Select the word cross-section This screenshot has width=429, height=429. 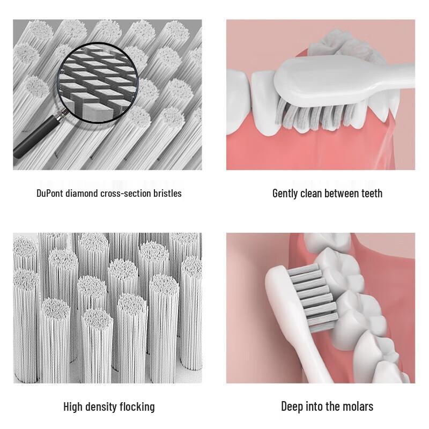point(126,193)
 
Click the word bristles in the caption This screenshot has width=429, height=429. point(167,193)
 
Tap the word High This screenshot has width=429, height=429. point(74,407)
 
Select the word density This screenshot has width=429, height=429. point(104,407)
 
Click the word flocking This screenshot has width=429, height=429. point(138,407)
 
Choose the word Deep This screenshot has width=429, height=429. point(293,406)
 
